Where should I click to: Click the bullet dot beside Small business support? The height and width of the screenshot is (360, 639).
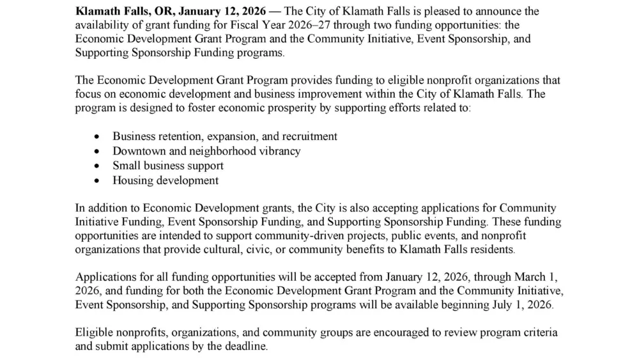coord(96,166)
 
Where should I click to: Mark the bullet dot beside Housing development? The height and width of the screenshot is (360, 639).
coord(96,181)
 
